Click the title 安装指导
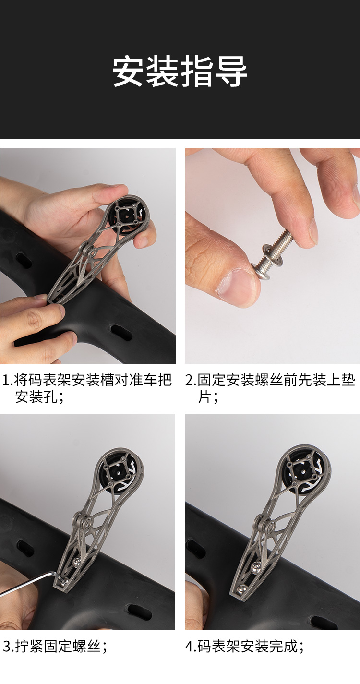point(180,72)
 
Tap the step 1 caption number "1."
point(8,380)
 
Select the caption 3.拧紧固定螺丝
point(55,647)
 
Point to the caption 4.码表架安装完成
point(245,647)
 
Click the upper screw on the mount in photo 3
point(77,561)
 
